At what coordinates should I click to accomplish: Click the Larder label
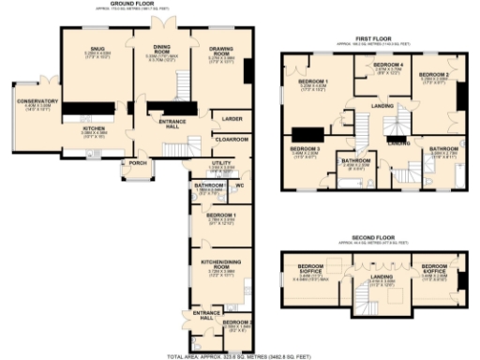click(228, 119)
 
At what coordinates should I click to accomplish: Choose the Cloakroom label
click(232, 139)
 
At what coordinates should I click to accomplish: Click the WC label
click(240, 186)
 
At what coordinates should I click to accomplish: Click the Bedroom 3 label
click(305, 149)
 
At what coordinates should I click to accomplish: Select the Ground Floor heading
click(133, 4)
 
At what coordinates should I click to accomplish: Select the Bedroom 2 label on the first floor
click(433, 74)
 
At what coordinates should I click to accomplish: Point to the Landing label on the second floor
click(379, 277)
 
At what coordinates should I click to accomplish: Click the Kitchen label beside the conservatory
click(97, 130)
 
